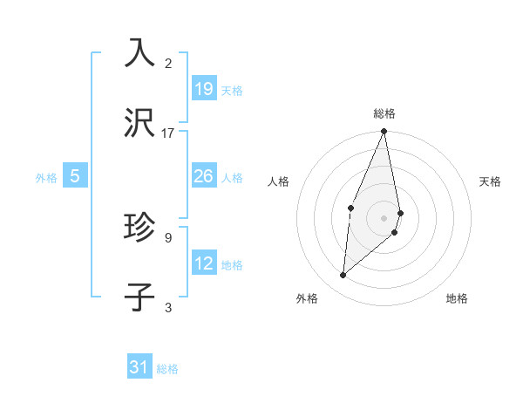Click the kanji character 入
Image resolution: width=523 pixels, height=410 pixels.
(140, 52)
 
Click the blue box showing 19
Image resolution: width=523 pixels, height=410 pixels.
(204, 89)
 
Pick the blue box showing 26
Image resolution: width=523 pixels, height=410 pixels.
(204, 176)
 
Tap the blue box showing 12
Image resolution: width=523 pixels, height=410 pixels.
(204, 263)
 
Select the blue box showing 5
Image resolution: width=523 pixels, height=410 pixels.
(75, 176)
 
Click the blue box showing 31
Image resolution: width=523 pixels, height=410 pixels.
(139, 367)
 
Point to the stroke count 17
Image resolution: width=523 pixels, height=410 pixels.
(168, 133)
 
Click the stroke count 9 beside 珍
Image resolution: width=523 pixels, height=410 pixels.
(168, 236)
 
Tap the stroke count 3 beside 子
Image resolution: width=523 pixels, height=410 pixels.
(168, 306)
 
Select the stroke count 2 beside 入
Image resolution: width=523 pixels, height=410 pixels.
(168, 63)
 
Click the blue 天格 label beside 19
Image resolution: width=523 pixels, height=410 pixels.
(232, 91)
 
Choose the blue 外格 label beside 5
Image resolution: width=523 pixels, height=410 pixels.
(46, 178)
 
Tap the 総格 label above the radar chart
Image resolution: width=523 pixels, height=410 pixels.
(384, 113)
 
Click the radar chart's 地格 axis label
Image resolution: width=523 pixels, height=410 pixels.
(457, 298)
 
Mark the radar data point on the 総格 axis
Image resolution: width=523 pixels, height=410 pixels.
(384, 132)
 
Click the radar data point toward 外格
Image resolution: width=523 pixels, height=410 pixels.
(343, 275)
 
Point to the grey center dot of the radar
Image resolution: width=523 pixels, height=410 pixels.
(384, 217)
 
